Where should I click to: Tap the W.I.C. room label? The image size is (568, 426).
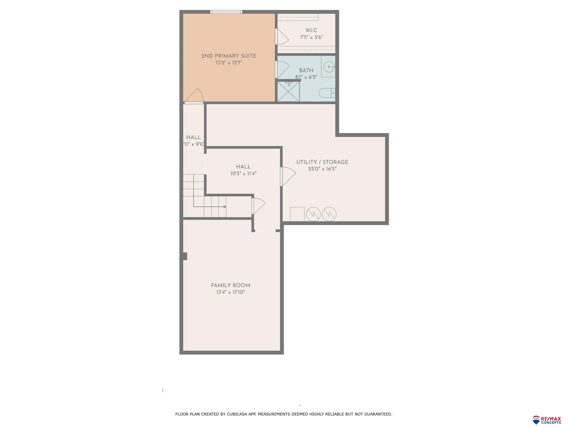pos(312,30)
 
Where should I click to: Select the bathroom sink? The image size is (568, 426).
pos(329,67)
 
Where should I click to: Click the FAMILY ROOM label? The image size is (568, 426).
pos(230,285)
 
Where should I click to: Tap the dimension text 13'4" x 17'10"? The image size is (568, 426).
pos(230,292)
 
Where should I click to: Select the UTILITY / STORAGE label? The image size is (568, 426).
pos(322,162)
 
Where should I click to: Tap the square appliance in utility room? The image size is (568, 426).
pos(297,214)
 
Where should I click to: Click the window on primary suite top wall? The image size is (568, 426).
pos(226,12)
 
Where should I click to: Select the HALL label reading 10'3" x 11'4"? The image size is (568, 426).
pos(243,170)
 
